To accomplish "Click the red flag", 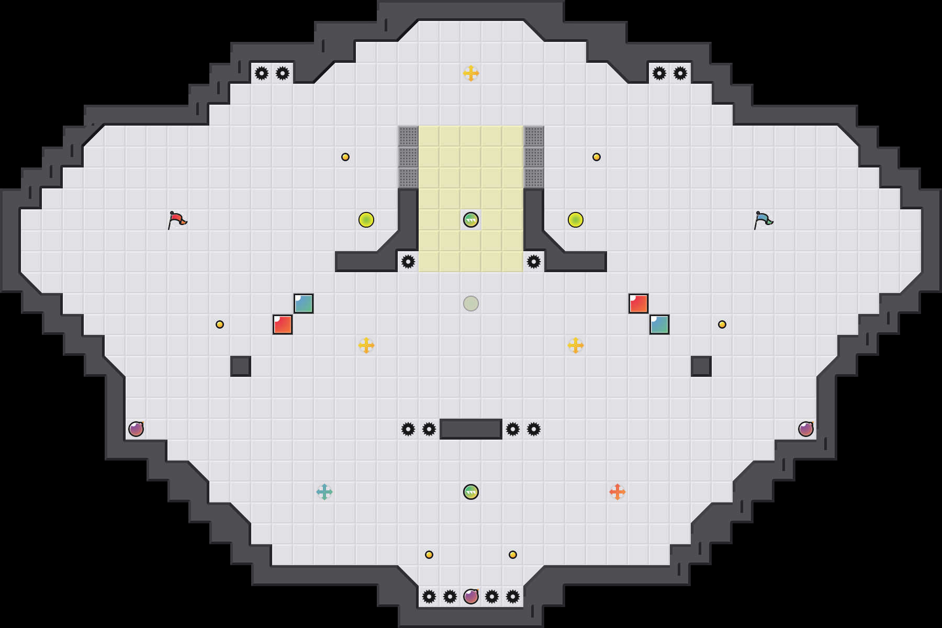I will point(177,220).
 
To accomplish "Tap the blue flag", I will point(763,220).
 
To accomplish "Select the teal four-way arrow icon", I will point(324,492).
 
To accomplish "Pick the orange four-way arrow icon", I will point(618,492).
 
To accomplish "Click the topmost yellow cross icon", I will point(471,73).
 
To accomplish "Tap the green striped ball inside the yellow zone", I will point(471,220).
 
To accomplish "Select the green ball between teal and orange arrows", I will point(471,492).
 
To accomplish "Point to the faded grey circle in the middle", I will point(471,304).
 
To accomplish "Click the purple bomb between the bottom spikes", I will point(471,597).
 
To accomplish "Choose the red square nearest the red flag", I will point(283,324).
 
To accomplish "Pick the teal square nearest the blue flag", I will point(659,324).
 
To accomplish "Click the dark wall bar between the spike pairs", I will point(471,429).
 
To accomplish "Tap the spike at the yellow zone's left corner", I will point(408,262).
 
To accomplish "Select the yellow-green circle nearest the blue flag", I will point(576,220).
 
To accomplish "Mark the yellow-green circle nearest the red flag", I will point(366,220).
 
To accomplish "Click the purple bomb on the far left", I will point(136,429).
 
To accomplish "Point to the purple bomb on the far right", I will point(806,429).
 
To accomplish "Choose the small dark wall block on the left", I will point(241,366).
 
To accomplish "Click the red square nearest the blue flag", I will point(638,304).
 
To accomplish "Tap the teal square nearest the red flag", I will point(304,304).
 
